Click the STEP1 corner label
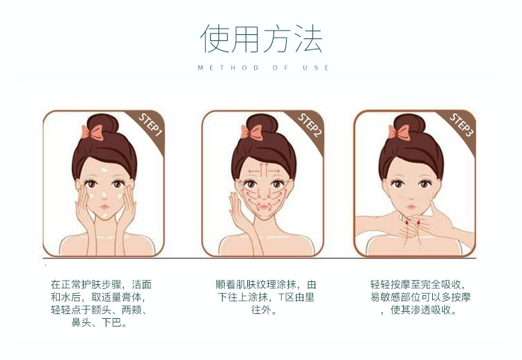(x=150, y=125)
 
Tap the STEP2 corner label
(x=310, y=125)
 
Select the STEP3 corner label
(x=461, y=125)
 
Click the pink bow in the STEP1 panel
(x=92, y=132)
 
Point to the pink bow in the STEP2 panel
(x=251, y=132)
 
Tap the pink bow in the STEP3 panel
(x=399, y=132)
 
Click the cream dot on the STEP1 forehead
(x=104, y=170)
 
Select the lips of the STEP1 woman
(x=104, y=207)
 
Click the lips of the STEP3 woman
(x=411, y=207)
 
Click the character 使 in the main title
(x=214, y=38)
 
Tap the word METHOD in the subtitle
(x=228, y=68)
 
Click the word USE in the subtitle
(x=315, y=68)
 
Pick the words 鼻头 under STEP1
(x=81, y=322)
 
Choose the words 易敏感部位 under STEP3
(x=395, y=297)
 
